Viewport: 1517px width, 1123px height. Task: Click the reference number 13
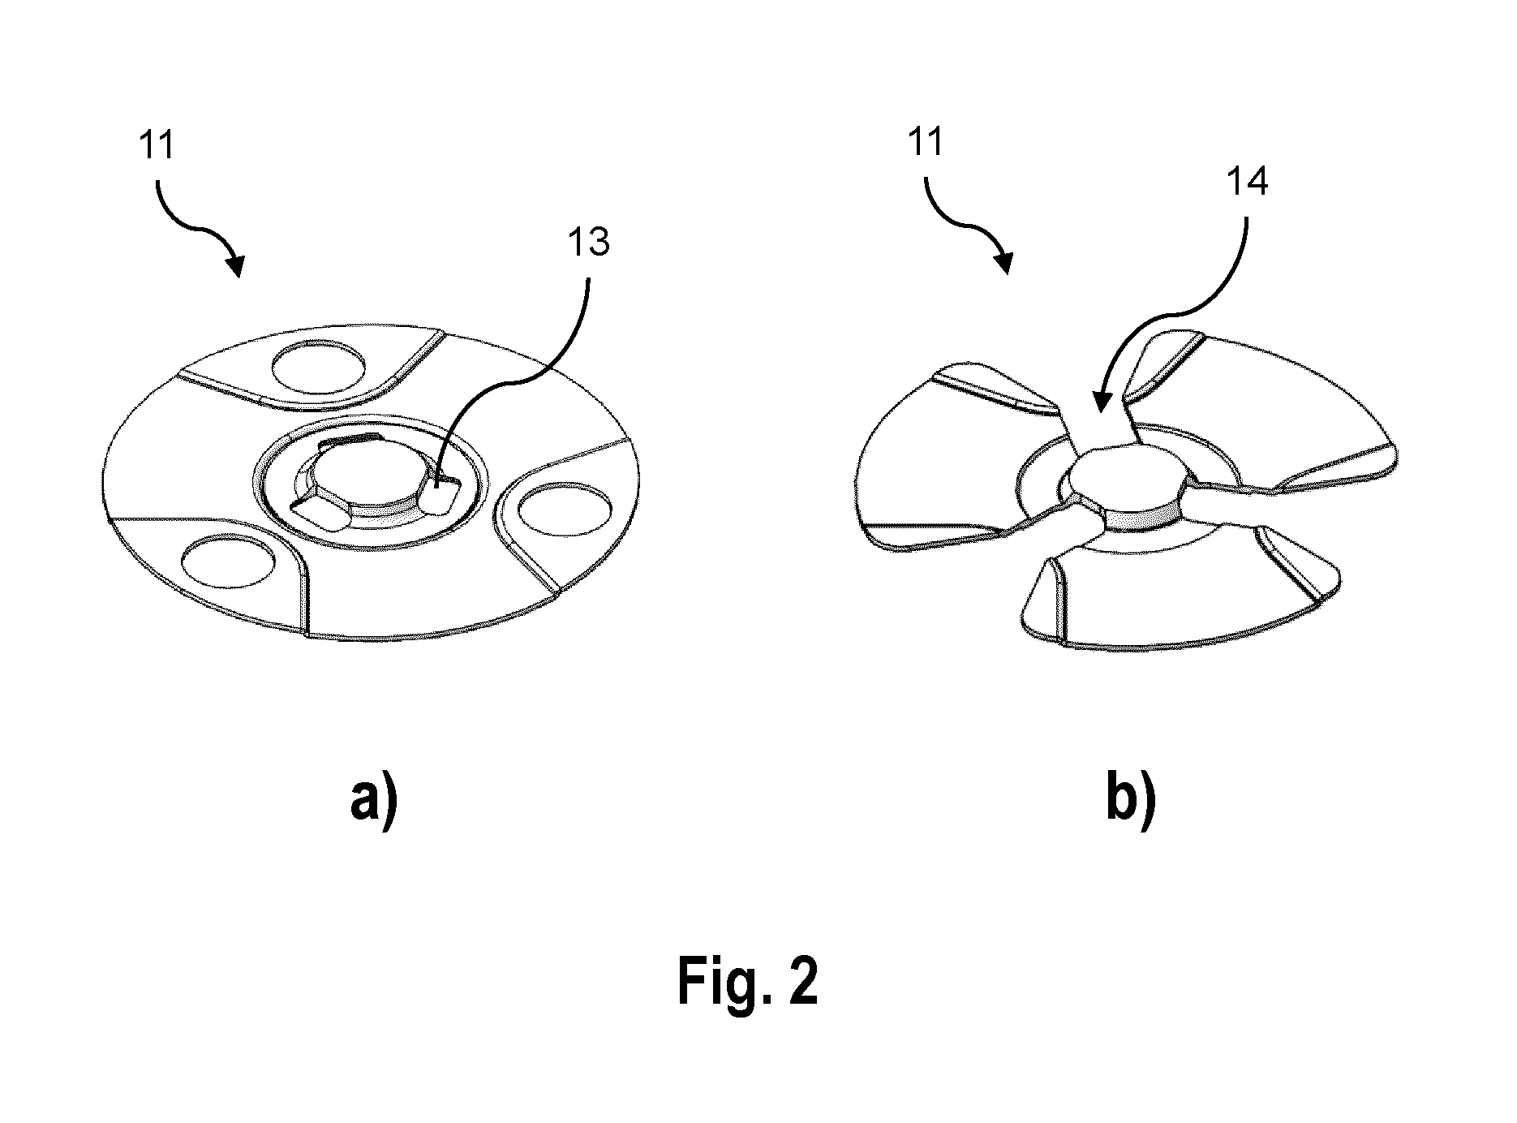point(589,242)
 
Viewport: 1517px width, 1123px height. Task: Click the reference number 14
point(1247,182)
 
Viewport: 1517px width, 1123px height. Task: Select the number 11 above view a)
point(157,148)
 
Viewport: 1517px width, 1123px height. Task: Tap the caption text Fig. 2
point(748,980)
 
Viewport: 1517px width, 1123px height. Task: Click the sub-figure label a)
point(374,802)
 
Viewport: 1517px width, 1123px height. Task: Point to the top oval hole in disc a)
point(318,366)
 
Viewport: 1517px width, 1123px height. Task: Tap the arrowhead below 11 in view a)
point(236,265)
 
